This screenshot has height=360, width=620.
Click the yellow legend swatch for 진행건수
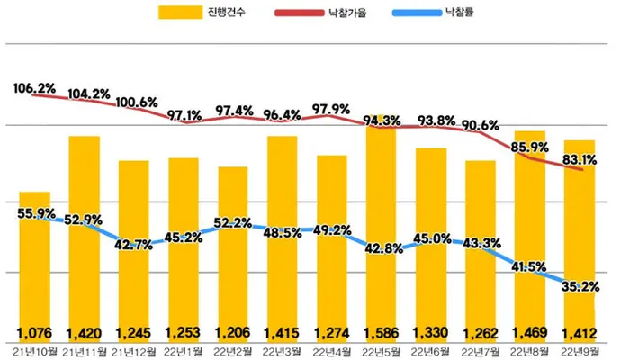180,13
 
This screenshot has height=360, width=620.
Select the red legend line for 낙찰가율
300,13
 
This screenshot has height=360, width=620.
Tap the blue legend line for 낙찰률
417,13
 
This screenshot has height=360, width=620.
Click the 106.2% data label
34,88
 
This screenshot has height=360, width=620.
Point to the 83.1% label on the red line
580,160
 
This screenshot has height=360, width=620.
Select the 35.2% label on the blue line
580,286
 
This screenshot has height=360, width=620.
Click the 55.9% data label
36,213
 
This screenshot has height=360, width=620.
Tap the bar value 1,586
382,333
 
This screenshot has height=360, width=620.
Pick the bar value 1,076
34,333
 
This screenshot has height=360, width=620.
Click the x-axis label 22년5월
382,351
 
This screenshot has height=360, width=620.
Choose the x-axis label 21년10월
35,351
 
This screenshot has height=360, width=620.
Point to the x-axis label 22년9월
580,351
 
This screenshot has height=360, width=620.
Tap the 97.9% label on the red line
331,109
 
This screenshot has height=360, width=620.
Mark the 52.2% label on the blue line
233,222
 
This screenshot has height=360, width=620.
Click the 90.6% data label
481,125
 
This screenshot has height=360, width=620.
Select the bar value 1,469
530,333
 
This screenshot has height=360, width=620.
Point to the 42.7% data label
134,245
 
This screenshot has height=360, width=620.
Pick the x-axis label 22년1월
183,351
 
